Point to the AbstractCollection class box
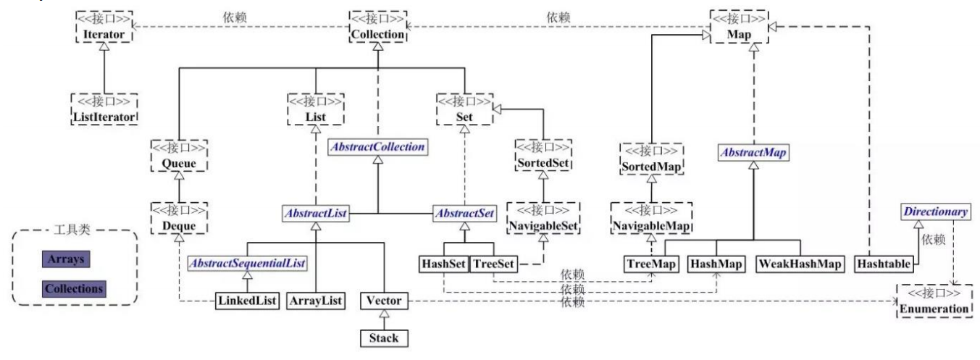tap(377, 146)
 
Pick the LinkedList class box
tap(247, 300)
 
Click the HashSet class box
tap(443, 264)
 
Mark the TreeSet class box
tap(493, 264)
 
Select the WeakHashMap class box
tap(801, 264)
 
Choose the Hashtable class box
tap(882, 264)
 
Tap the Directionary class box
tap(934, 212)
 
